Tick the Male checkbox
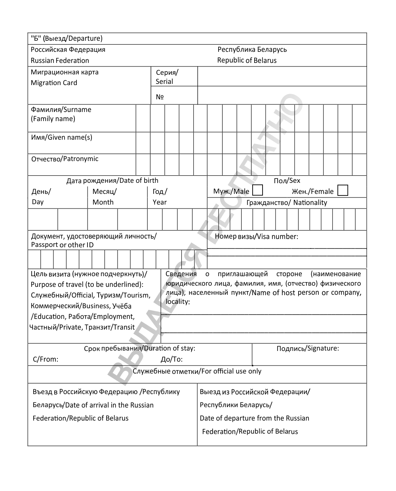pyautogui.click(x=257, y=191)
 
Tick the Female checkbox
pyautogui.click(x=343, y=191)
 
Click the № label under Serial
pyautogui.click(x=160, y=97)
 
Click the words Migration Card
pyautogui.click(x=54, y=83)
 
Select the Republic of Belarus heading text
pyautogui.click(x=247, y=61)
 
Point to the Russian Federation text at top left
pyautogui.click(x=60, y=61)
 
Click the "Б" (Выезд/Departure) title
pyautogui.click(x=67, y=38)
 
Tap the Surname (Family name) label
pyautogui.click(x=61, y=114)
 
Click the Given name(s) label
pyautogui.click(x=62, y=137)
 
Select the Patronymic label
pyautogui.click(x=65, y=159)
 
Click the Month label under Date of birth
pyautogui.click(x=103, y=202)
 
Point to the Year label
pyautogui.click(x=160, y=202)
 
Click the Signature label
pyautogui.click(x=308, y=349)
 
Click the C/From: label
pyautogui.click(x=46, y=359)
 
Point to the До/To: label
pyautogui.click(x=171, y=359)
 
